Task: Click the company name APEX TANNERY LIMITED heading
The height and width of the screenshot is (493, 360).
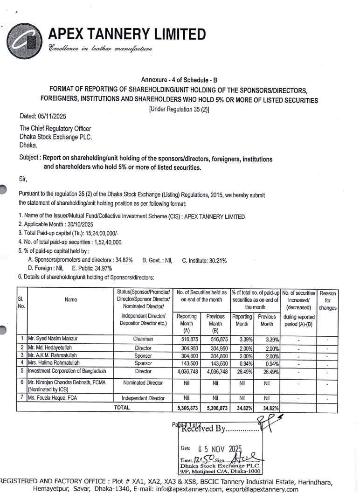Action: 127,34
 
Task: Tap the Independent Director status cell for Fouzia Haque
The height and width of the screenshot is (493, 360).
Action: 143,398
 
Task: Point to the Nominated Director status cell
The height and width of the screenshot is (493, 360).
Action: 143,383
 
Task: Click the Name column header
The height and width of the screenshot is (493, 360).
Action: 71,300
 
